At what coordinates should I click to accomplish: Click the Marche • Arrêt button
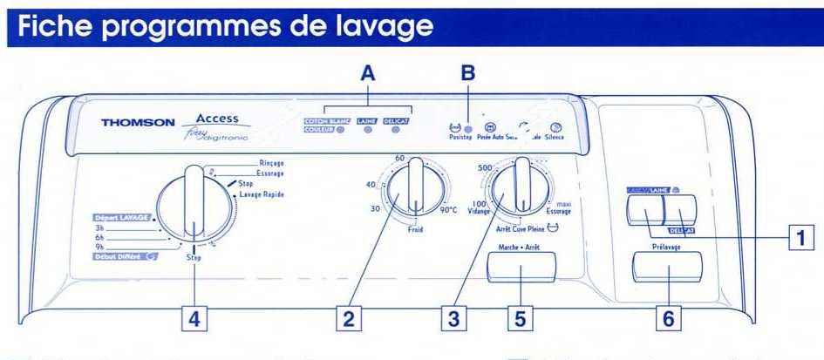(521, 267)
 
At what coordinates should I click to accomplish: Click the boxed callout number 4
(194, 319)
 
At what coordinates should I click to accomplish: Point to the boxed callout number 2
(350, 319)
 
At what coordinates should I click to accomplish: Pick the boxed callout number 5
(521, 319)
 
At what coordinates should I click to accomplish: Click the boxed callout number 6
(668, 319)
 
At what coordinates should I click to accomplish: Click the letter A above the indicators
(369, 76)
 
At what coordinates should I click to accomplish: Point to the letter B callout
(468, 76)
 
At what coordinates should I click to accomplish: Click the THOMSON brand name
(138, 123)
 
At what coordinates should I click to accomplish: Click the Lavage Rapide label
(263, 194)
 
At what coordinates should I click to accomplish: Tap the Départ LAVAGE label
(121, 217)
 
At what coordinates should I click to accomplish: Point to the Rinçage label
(271, 164)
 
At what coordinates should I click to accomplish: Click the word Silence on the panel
(555, 138)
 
